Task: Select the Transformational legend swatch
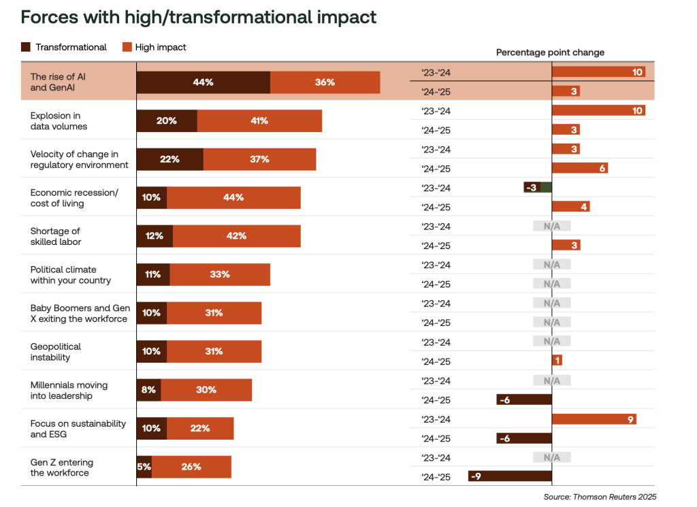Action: (x=27, y=47)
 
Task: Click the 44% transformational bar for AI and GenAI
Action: (x=203, y=82)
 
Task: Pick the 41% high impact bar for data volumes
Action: (x=259, y=120)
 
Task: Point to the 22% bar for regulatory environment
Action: (x=169, y=159)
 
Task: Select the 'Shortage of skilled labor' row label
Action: (x=56, y=236)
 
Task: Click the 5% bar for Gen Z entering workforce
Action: (x=144, y=467)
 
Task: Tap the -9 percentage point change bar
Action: (x=510, y=476)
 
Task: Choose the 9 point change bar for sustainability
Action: (x=594, y=419)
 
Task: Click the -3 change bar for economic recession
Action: (x=537, y=187)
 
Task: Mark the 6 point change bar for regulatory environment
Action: (x=579, y=168)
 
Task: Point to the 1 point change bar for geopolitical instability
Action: (x=557, y=361)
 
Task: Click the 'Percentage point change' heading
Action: (x=550, y=52)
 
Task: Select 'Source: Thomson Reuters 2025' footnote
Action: (x=600, y=497)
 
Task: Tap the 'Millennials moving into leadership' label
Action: (x=69, y=390)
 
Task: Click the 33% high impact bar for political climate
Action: (x=220, y=274)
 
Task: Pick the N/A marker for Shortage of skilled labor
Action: (x=551, y=226)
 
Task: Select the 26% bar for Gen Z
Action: (x=191, y=467)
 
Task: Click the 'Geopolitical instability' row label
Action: (x=56, y=352)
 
